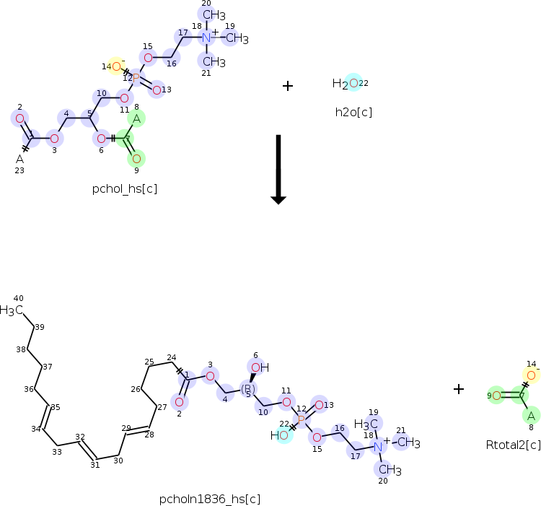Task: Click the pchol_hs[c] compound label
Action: [125, 189]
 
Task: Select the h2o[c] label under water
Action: [353, 112]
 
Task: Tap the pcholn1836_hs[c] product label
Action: [210, 499]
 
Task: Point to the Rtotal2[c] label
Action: [513, 445]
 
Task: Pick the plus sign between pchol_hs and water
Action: [288, 86]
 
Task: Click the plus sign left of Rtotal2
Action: [459, 389]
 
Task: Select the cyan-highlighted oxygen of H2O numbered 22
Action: [353, 83]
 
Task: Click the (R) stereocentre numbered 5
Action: [247, 389]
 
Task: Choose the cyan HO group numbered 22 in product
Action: [281, 435]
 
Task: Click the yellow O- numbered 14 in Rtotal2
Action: [531, 375]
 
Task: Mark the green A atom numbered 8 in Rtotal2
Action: [531, 415]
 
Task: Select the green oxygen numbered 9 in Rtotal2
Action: [496, 396]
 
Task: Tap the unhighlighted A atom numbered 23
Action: [19, 159]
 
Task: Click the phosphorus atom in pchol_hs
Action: [136, 77]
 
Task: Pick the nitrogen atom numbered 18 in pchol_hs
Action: [206, 38]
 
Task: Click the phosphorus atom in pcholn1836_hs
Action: [301, 419]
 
